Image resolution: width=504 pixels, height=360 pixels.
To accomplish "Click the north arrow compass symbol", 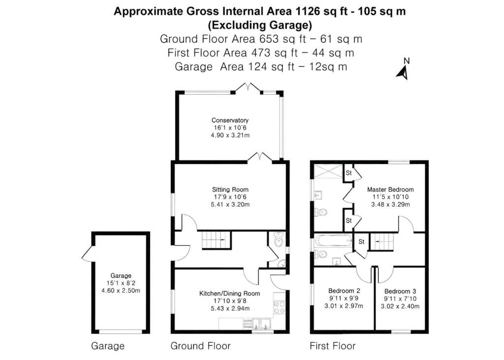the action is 403,73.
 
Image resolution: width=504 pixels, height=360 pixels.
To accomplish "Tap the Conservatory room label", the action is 230,120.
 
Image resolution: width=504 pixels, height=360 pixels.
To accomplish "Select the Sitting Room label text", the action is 230,190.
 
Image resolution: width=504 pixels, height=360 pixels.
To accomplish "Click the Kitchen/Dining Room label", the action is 230,294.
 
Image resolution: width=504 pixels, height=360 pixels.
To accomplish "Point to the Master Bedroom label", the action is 390,190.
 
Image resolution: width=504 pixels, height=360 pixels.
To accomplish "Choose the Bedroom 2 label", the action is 344,291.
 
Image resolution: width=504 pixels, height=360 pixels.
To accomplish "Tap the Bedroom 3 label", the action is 400,291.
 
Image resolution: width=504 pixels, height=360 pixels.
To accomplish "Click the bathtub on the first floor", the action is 334,241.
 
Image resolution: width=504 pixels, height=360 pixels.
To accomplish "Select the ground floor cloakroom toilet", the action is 278,239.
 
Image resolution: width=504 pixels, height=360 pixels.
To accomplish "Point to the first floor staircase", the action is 382,242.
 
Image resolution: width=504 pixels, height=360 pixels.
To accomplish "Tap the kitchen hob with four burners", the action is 279,307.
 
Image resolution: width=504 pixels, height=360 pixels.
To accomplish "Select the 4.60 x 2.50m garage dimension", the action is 121,291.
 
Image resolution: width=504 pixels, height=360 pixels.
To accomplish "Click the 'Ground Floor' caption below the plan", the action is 201,346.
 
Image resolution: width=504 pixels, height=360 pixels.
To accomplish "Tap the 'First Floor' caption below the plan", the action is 333,346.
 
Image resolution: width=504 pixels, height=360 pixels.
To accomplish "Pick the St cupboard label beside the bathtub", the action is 361,242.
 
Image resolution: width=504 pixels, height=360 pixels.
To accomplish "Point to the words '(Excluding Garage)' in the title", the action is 260,25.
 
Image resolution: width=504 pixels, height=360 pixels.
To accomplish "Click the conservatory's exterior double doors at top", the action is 248,88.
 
